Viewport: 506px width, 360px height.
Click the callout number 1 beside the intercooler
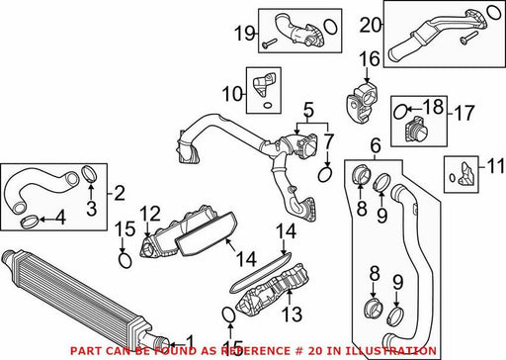pyautogui.click(x=190, y=343)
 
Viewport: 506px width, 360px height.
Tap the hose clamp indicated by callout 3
pyautogui.click(x=89, y=173)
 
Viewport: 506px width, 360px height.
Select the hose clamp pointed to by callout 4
pyautogui.click(x=30, y=221)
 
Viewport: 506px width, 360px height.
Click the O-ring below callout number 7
pyautogui.click(x=325, y=174)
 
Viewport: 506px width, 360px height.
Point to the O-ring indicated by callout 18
pyautogui.click(x=400, y=112)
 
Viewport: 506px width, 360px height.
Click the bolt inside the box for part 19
pyautogui.click(x=269, y=43)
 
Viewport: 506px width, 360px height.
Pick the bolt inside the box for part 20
pyautogui.click(x=468, y=38)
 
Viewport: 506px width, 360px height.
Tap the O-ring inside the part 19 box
pyautogui.click(x=330, y=27)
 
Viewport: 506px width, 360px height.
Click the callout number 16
pyautogui.click(x=370, y=59)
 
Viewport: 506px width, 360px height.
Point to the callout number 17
pyautogui.click(x=464, y=113)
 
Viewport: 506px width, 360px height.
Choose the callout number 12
pyautogui.click(x=150, y=214)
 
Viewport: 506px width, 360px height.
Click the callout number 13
pyautogui.click(x=292, y=314)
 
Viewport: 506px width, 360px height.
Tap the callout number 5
pyautogui.click(x=308, y=111)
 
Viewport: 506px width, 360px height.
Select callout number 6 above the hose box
pyautogui.click(x=376, y=146)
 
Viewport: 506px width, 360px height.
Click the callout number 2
pyautogui.click(x=119, y=193)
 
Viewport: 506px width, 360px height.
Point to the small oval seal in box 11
pyautogui.click(x=453, y=178)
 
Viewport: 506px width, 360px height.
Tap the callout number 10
pyautogui.click(x=232, y=94)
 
